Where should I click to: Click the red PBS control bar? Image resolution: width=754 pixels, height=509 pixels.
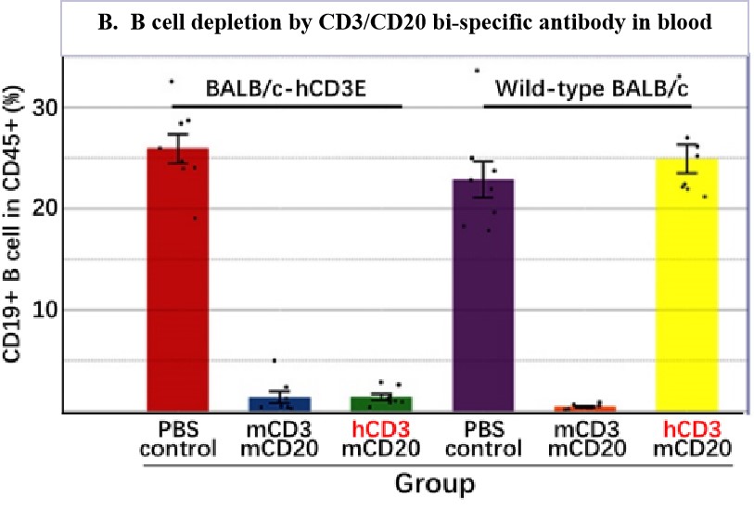coord(177,278)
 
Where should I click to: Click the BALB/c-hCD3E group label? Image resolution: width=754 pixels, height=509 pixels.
coord(285,91)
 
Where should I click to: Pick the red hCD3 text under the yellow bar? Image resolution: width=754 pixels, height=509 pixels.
coord(686,431)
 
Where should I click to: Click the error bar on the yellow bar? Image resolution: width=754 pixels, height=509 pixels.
coord(686,159)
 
